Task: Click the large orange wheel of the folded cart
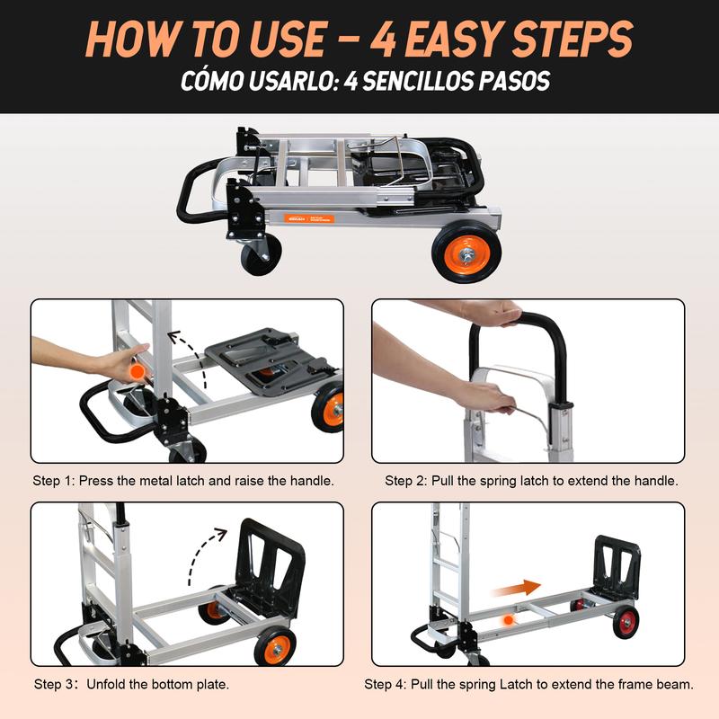click(x=466, y=253)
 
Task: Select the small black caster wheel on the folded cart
click(x=261, y=254)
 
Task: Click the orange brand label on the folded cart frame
click(x=308, y=218)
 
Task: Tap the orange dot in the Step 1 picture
click(x=137, y=371)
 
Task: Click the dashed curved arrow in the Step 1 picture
click(x=190, y=358)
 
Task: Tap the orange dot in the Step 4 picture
click(x=508, y=620)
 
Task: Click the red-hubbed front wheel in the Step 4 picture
click(x=626, y=622)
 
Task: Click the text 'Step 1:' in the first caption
click(x=53, y=481)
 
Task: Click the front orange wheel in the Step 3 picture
click(x=275, y=647)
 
